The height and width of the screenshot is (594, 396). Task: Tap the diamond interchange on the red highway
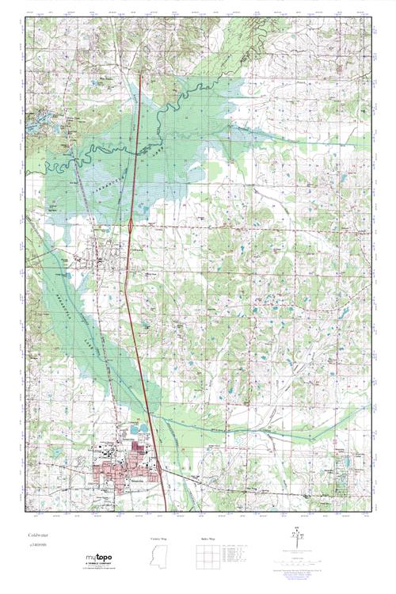[x=130, y=227]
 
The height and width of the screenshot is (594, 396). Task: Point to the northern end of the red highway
[x=140, y=74]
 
